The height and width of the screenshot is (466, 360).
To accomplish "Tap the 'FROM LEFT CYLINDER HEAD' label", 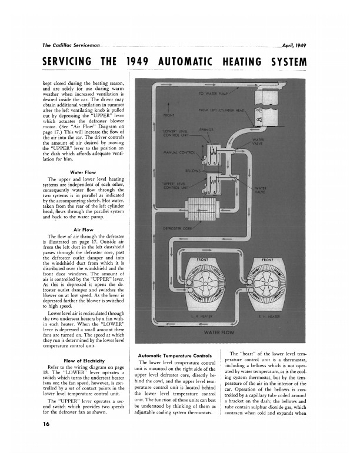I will [221, 110].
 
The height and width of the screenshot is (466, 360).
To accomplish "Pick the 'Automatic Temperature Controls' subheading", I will [175, 356].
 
